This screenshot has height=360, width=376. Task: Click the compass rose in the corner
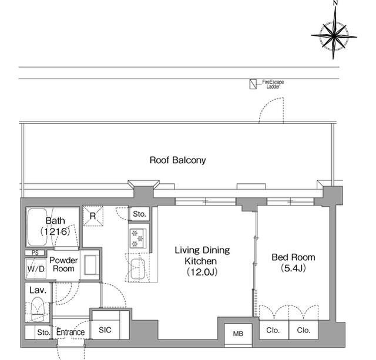(334, 36)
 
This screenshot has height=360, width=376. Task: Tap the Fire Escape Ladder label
(273, 84)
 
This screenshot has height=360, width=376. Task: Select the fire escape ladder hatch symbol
(253, 84)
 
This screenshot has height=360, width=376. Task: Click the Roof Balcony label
(177, 160)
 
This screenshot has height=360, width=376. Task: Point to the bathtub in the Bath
(38, 227)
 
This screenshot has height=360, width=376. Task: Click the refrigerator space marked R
(93, 216)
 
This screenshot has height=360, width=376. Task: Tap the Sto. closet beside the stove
(139, 214)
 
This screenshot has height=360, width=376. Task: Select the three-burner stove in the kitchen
(137, 238)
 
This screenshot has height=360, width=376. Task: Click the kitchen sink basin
(137, 269)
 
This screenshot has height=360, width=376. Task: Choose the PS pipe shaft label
(35, 253)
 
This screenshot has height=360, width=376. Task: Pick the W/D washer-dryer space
(36, 268)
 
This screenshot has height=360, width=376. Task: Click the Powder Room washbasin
(91, 265)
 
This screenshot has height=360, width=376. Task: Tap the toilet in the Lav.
(38, 309)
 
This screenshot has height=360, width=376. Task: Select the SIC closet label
(105, 330)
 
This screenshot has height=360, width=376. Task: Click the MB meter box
(238, 334)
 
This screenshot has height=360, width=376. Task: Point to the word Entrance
(70, 332)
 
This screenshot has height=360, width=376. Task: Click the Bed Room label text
(293, 257)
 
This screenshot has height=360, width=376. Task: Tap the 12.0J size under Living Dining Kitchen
(202, 272)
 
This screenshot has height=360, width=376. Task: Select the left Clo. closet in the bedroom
(274, 330)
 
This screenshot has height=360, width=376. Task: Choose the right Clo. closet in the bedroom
(304, 330)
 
